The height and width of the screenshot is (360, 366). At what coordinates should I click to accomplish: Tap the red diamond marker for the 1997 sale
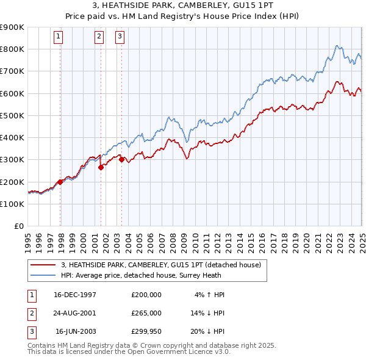[60, 182]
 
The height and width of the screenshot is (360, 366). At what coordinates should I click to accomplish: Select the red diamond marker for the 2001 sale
[101, 167]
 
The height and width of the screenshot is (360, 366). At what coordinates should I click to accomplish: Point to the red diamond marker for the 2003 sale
[121, 160]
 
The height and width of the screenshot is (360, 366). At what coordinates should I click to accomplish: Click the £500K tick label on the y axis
[12, 115]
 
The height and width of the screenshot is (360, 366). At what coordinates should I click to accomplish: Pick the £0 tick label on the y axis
[19, 226]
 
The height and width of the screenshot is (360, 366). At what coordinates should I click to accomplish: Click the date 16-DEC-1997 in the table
[75, 295]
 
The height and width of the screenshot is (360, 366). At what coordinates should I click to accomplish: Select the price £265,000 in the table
[146, 313]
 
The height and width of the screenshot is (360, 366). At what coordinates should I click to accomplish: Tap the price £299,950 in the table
[146, 331]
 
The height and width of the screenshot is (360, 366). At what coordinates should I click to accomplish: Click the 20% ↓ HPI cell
[207, 331]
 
